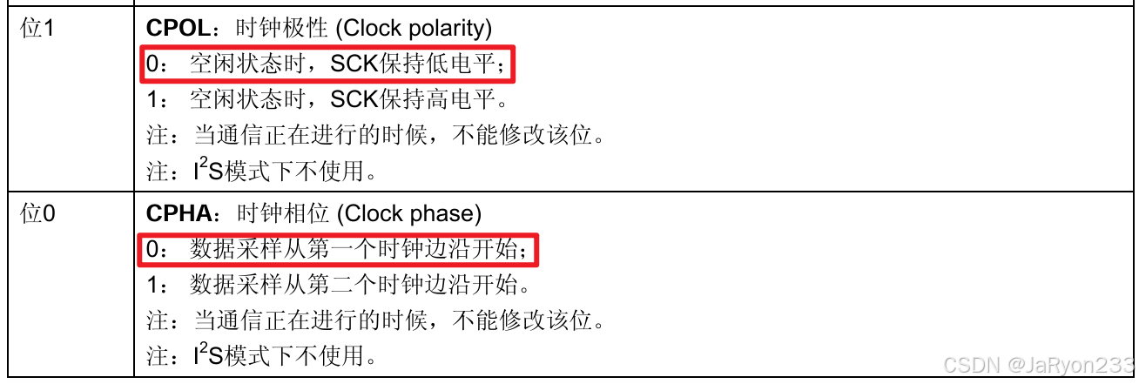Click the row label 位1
pos(37,29)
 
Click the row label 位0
pos(37,214)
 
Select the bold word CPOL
pos(179,29)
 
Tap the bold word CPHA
pos(179,214)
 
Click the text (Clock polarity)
pos(413,29)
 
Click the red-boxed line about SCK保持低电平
pos(327,64)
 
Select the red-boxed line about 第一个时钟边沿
pos(338,250)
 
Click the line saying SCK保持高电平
pos(327,100)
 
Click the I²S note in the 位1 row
pos(261,171)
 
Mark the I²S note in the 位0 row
pos(261,355)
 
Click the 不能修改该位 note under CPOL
pos(374,136)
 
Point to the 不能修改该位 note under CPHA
pos(374,321)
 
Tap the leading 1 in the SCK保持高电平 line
pos(152,100)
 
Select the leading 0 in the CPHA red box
pos(153,250)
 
